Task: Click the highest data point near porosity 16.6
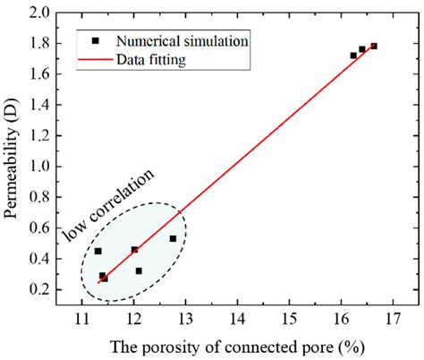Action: (x=374, y=46)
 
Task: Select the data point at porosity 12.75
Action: (x=173, y=238)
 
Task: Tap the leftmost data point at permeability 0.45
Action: (x=98, y=251)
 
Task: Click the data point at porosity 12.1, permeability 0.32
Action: (x=139, y=270)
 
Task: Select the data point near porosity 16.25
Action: (x=353, y=56)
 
